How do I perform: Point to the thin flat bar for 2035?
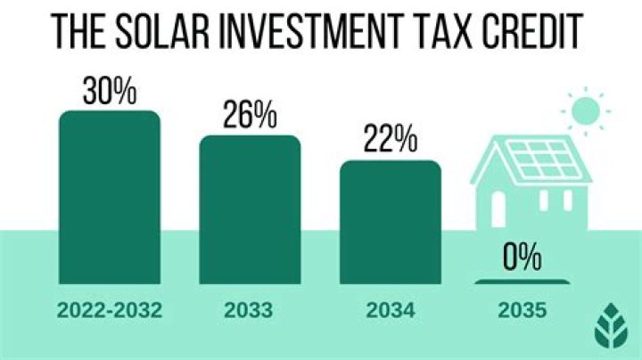522,282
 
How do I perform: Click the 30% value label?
110,92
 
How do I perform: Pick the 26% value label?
250,117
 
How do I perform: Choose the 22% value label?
390,142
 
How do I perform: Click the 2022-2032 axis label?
110,313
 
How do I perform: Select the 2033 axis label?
250,313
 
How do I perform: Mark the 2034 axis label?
390,313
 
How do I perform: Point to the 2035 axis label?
521,313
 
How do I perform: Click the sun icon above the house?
586,111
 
